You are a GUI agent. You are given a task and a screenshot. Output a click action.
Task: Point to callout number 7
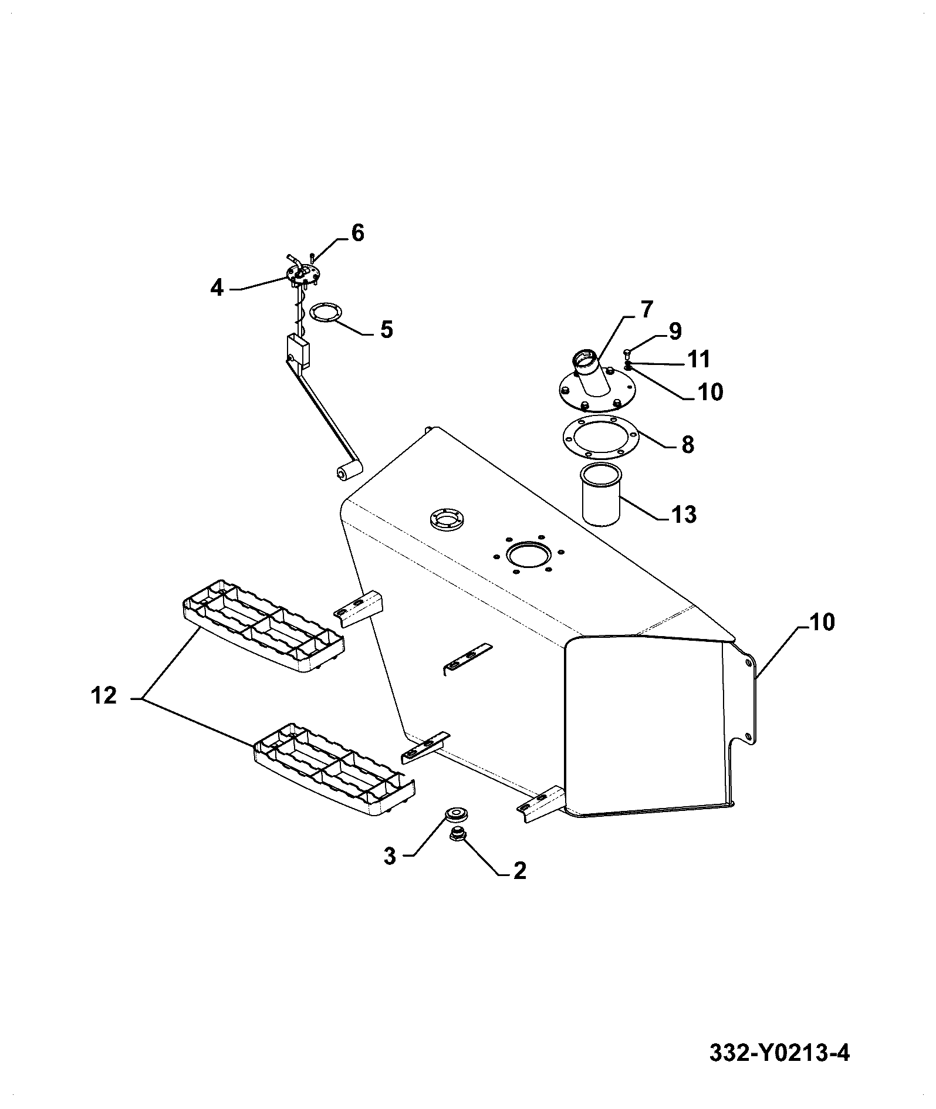646,309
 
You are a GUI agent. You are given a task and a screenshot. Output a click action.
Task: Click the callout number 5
386,329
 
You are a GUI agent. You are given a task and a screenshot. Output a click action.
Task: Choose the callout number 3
390,856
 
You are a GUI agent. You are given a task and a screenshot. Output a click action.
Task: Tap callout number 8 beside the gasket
688,444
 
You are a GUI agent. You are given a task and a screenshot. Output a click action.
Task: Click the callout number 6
357,233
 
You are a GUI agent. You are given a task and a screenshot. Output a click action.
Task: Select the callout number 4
217,288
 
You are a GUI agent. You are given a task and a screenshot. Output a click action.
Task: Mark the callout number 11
699,359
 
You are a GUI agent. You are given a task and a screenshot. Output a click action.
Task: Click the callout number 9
675,331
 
